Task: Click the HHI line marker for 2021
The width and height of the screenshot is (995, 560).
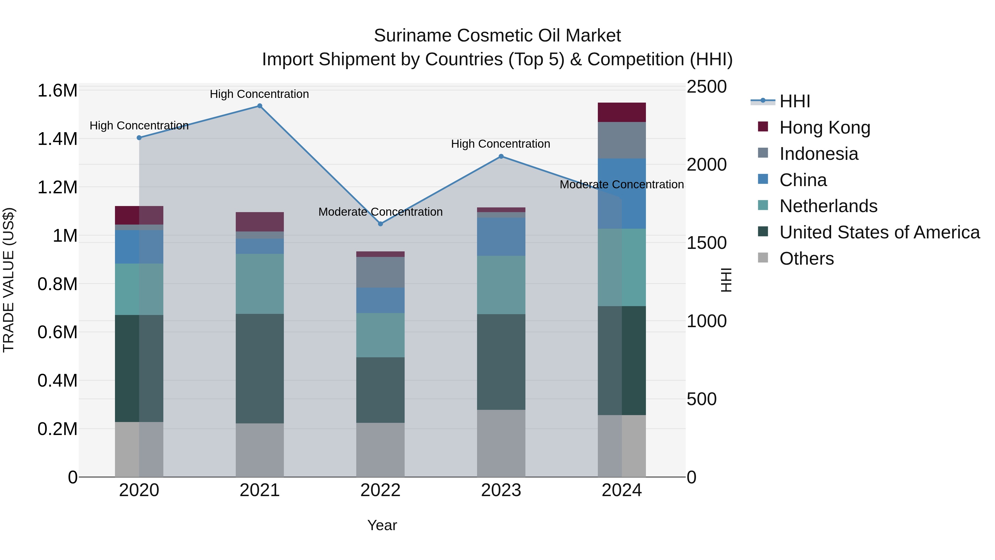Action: click(x=260, y=106)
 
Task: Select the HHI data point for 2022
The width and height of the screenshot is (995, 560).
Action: click(x=381, y=224)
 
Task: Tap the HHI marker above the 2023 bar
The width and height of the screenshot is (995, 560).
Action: click(x=501, y=157)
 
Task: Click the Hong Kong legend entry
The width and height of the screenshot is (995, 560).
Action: click(x=825, y=127)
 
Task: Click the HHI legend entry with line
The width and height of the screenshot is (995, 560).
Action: click(x=795, y=101)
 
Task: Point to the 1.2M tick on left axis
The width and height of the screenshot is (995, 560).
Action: click(x=57, y=187)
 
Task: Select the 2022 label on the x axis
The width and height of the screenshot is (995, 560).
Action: click(x=381, y=490)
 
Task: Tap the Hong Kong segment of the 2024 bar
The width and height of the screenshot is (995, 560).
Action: click(x=622, y=113)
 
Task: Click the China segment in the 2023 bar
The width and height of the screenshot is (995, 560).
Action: click(x=501, y=236)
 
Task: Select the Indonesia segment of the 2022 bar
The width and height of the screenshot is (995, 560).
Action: click(x=381, y=272)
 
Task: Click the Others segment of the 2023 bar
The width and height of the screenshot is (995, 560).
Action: click(x=501, y=443)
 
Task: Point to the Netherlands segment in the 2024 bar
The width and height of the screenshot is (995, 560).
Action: click(x=622, y=267)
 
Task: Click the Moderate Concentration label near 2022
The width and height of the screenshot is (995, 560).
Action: click(x=381, y=212)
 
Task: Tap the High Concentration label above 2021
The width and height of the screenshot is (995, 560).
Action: click(x=259, y=94)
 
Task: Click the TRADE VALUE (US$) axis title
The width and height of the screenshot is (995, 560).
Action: click(x=9, y=280)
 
